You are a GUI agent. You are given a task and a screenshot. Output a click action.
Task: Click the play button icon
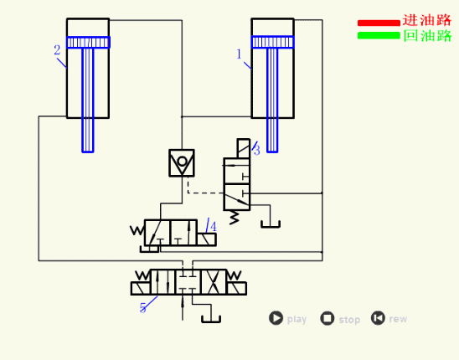276,318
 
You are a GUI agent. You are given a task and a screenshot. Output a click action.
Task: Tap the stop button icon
327,318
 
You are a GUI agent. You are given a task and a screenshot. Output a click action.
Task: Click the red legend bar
379,23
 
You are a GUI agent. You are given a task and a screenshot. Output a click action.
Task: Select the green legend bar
379,35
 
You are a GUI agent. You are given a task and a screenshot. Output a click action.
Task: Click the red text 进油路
427,20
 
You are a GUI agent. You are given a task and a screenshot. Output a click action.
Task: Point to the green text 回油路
427,36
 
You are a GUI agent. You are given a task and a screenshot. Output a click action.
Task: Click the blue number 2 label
57,50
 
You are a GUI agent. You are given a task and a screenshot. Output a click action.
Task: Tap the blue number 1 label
240,54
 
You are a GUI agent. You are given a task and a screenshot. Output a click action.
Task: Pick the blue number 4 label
213,227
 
